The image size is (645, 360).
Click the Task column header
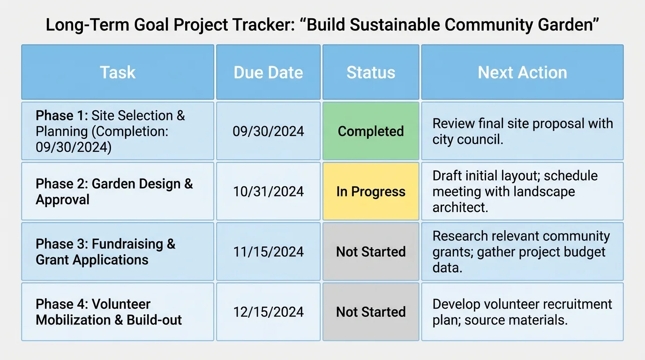(118, 73)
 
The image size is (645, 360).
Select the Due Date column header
(268, 73)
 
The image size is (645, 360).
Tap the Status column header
(371, 73)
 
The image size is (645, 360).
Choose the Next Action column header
(522, 73)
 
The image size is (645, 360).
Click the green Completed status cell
(371, 131)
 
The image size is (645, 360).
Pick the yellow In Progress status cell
(371, 192)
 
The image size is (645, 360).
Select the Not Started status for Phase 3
(371, 252)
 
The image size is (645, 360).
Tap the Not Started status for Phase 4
(371, 312)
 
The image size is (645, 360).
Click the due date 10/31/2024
(268, 192)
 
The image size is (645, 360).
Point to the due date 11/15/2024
(268, 252)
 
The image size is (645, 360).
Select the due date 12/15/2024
(268, 312)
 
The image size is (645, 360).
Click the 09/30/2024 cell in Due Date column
(268, 131)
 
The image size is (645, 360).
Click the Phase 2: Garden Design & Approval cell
(118, 192)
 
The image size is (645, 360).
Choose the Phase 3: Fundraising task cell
(118, 252)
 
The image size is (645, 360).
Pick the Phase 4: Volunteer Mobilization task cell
(118, 312)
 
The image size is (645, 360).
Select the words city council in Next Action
(467, 140)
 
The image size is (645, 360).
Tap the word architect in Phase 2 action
(460, 207)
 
